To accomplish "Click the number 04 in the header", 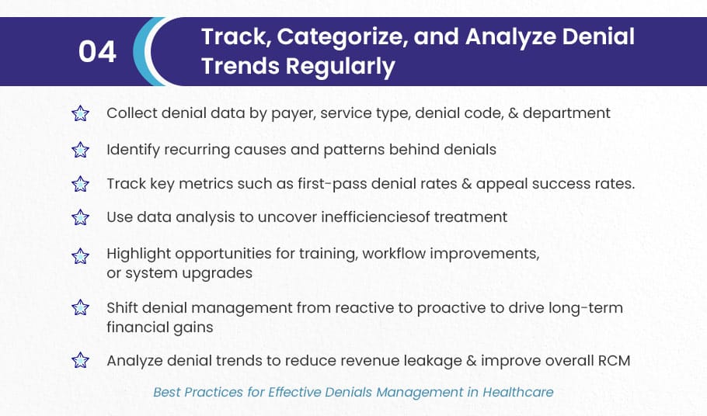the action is (97, 51).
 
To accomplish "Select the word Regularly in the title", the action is (340, 67).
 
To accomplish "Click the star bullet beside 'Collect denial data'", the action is (80, 113).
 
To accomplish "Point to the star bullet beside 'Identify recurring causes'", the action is (80, 150).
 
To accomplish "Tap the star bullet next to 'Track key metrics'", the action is (80, 184).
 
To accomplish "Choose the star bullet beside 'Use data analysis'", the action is (80, 217).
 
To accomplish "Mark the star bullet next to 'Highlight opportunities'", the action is (80, 256).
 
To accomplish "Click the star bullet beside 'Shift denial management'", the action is (80, 307).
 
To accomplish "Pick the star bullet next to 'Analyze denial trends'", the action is (80, 360).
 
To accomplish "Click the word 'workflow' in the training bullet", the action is (394, 254).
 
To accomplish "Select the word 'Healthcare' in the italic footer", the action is (518, 392).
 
